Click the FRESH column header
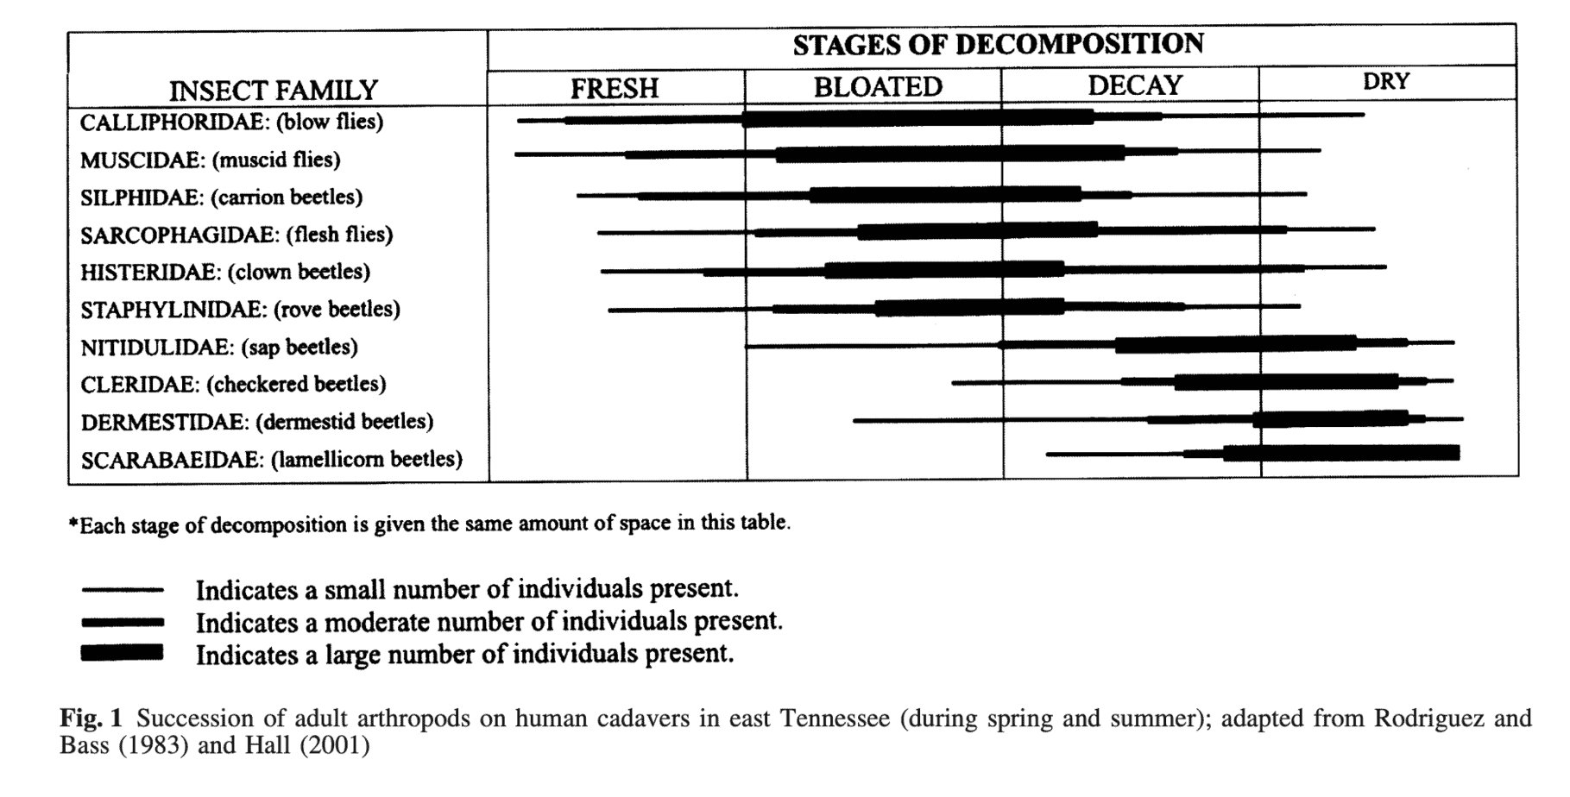pyautogui.click(x=614, y=88)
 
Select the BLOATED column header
pyautogui.click(x=878, y=87)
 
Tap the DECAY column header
pyautogui.click(x=1134, y=85)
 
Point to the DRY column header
pyautogui.click(x=1385, y=82)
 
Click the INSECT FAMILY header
pyautogui.click(x=274, y=91)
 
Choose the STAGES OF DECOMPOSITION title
pyautogui.click(x=998, y=45)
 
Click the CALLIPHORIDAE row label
pyautogui.click(x=231, y=122)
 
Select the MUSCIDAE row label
pyautogui.click(x=211, y=160)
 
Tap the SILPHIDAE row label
pyautogui.click(x=221, y=198)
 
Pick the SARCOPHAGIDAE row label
pyautogui.click(x=236, y=235)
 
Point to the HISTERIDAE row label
pyautogui.click(x=225, y=272)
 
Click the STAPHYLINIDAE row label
pyautogui.click(x=240, y=309)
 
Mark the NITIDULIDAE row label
pyautogui.click(x=219, y=347)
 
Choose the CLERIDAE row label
pyautogui.click(x=233, y=384)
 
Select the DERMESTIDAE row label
pyautogui.click(x=257, y=422)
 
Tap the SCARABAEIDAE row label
pyautogui.click(x=271, y=459)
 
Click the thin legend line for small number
pyautogui.click(x=122, y=590)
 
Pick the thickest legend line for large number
pyautogui.click(x=122, y=653)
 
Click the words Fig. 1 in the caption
pyautogui.click(x=91, y=719)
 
